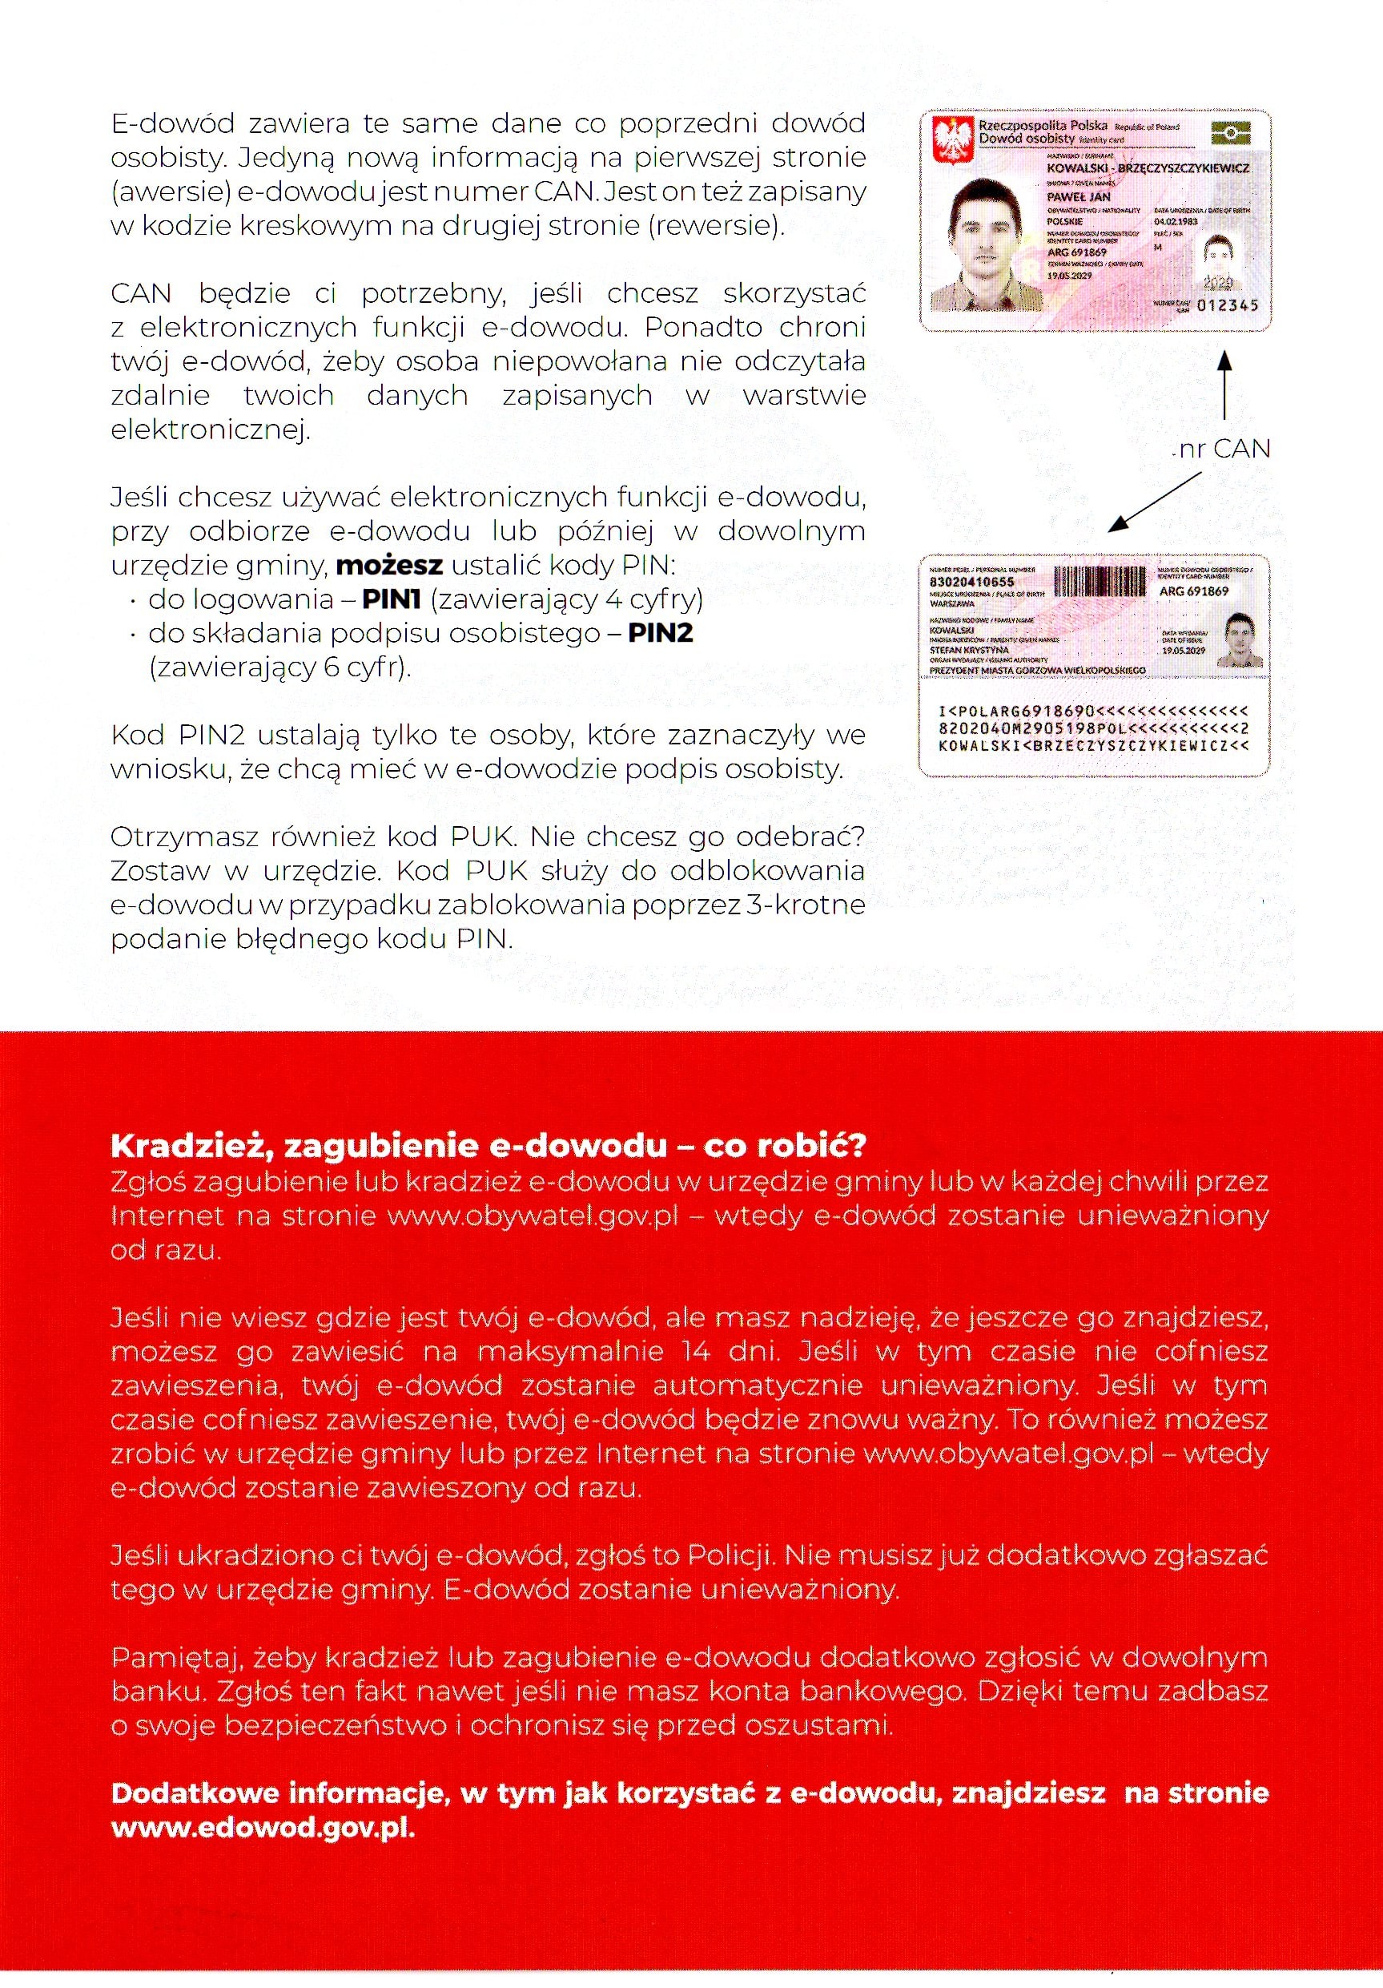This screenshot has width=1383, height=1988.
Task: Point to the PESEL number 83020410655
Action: pos(971,582)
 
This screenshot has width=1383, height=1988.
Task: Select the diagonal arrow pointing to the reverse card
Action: pos(1156,501)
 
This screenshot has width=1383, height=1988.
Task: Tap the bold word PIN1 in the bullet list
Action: pos(391,599)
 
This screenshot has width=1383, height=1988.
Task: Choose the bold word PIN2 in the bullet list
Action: pos(661,633)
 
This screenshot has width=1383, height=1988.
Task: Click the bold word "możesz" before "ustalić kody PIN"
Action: pos(389,566)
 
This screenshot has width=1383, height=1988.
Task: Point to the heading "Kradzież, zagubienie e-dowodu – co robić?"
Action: pos(488,1146)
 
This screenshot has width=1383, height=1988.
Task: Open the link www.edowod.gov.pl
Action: pos(263,1828)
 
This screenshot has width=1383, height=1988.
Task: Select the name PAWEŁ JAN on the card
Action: pos(1079,196)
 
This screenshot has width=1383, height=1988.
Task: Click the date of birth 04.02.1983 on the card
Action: pos(1176,222)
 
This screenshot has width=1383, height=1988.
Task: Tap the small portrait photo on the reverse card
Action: pos(1240,639)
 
